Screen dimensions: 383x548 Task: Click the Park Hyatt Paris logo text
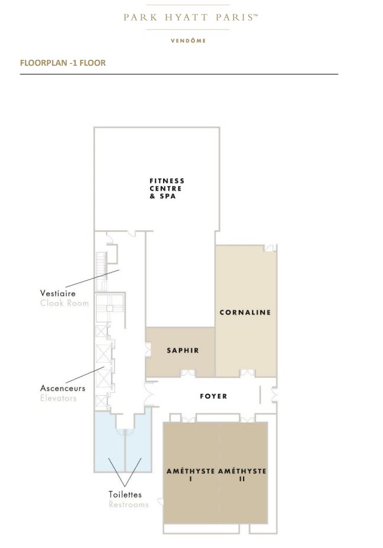tap(190, 17)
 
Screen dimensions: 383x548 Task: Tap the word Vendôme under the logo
tap(188, 40)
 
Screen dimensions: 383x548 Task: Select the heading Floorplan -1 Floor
tap(63, 63)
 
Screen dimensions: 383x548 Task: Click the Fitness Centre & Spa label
tap(167, 188)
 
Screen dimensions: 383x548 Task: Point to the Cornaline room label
tap(245, 312)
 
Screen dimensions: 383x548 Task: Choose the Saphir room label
tap(183, 350)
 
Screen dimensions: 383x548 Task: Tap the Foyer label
tap(213, 396)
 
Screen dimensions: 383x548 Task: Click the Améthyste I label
tap(191, 475)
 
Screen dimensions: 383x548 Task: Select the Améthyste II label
tap(242, 475)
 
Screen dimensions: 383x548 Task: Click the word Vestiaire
tap(58, 293)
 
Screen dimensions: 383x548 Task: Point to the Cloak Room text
tap(65, 303)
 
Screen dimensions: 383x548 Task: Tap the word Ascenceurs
tap(63, 388)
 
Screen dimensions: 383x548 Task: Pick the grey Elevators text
tap(58, 398)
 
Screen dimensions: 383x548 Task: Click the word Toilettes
tap(125, 495)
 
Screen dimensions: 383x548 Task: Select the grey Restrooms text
tap(129, 505)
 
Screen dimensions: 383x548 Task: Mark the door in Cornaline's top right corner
tap(269, 248)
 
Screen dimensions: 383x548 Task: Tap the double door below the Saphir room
tap(188, 373)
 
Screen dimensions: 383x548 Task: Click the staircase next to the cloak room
tap(101, 271)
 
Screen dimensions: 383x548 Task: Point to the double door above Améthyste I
tap(189, 419)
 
